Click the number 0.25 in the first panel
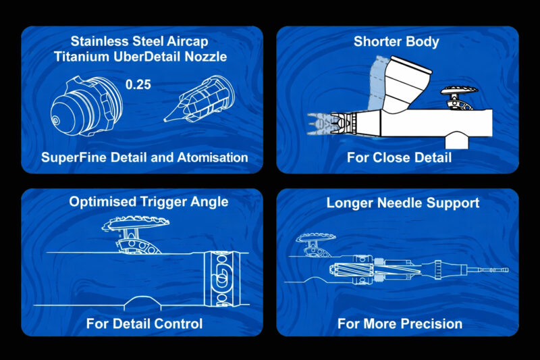tap(138, 84)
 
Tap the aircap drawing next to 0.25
tap(86, 106)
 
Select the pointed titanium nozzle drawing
tap(199, 100)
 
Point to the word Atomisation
tap(213, 157)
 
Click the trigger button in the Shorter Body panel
tap(460, 97)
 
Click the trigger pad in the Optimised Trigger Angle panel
tap(135, 224)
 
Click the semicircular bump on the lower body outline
tap(142, 301)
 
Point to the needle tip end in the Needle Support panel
tap(508, 270)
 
